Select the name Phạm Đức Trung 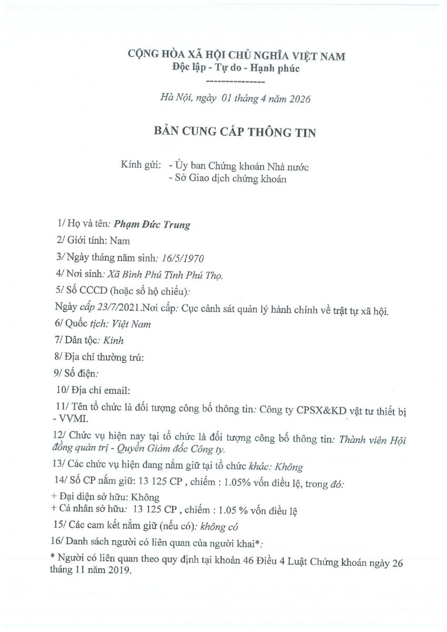(152, 225)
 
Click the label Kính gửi (140, 166)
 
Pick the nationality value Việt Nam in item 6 (132, 324)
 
